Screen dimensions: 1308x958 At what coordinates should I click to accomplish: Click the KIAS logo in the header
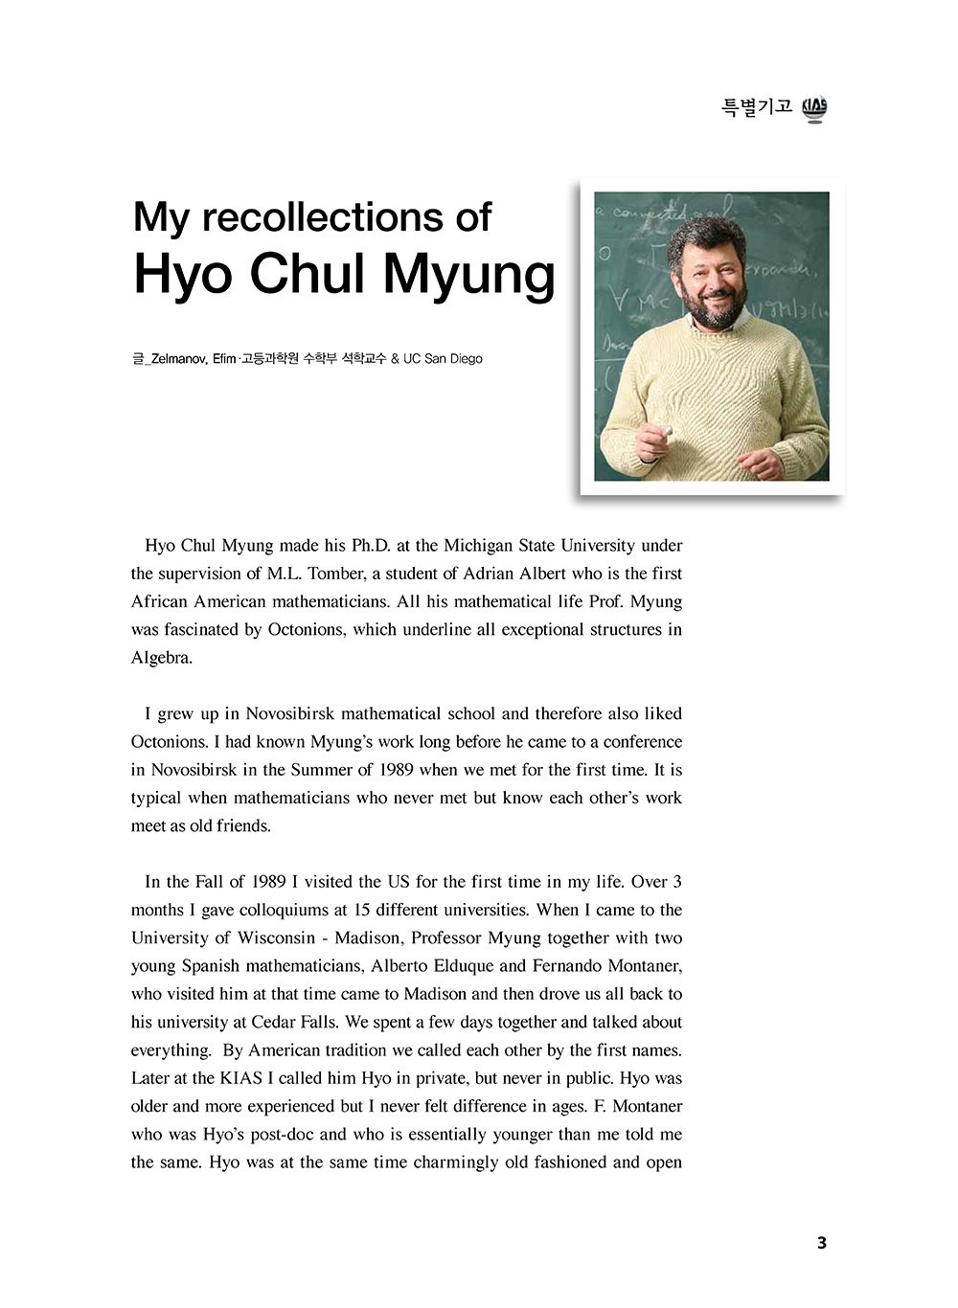(x=814, y=109)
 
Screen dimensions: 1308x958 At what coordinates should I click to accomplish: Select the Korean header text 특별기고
(x=757, y=107)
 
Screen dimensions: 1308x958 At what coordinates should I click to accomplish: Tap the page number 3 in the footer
(x=821, y=1243)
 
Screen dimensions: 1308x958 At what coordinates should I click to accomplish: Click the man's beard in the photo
(x=712, y=308)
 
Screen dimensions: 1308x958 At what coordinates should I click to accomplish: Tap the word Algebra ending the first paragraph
(x=161, y=658)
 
